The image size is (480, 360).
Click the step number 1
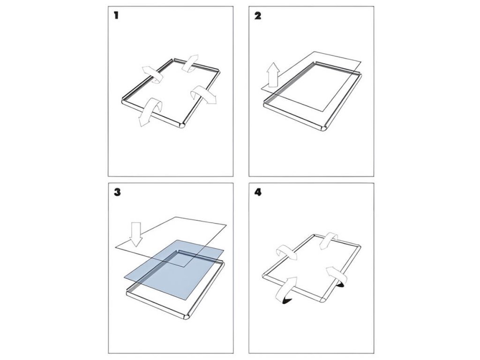[x=116, y=15]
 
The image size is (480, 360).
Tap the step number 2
[x=257, y=15]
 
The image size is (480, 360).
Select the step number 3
[x=117, y=192]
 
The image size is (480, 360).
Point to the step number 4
[x=257, y=192]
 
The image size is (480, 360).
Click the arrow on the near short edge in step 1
[x=147, y=112]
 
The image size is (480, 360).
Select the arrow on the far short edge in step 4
[x=330, y=239]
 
